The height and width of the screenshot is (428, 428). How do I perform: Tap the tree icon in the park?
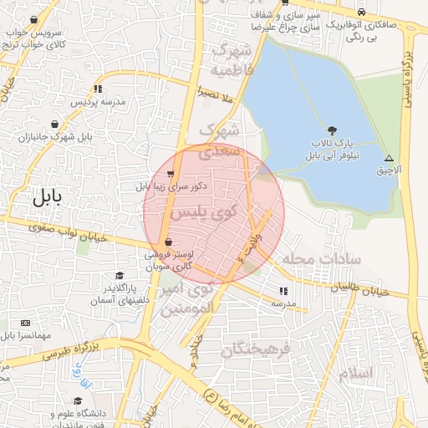[334, 130]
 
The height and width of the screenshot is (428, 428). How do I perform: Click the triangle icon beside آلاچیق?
[389, 158]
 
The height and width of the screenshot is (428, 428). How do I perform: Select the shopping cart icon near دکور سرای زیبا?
[171, 175]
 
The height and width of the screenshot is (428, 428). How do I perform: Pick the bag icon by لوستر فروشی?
[169, 242]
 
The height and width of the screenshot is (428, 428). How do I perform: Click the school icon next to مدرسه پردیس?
[99, 89]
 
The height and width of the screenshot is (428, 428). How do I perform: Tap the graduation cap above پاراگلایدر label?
[120, 276]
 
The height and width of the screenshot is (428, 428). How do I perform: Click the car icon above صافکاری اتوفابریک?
[360, 13]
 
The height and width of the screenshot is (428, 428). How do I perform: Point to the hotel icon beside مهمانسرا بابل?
[25, 323]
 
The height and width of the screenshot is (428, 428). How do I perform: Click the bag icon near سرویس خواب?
[33, 19]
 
